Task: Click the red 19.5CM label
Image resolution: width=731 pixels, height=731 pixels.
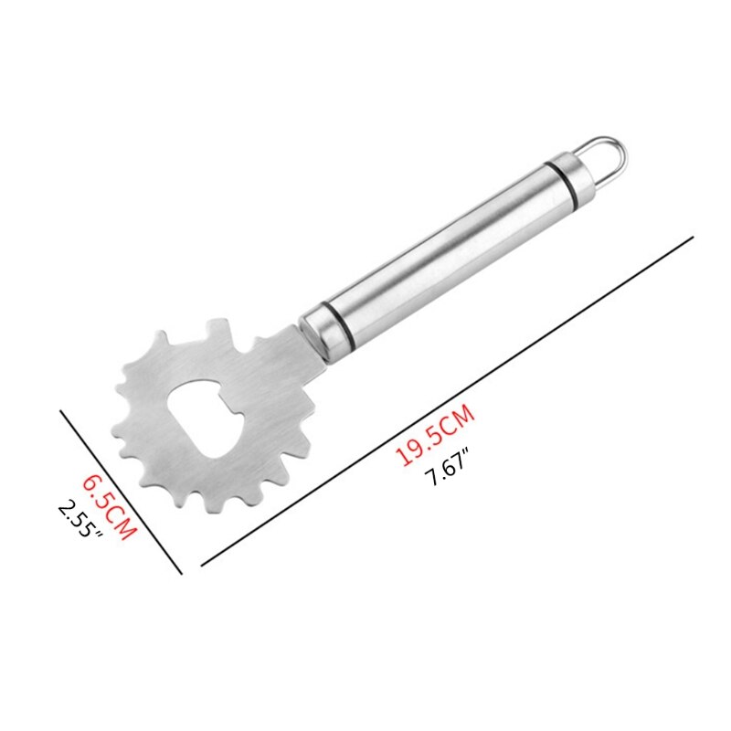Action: point(436,438)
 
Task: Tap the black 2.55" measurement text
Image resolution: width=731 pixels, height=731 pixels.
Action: point(79,518)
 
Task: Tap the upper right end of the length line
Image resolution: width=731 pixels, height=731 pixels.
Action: point(693,237)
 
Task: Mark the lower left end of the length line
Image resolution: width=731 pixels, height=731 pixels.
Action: point(202,566)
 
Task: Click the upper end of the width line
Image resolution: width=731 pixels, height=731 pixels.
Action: point(62,410)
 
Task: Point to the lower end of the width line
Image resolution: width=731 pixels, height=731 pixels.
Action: point(182,573)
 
